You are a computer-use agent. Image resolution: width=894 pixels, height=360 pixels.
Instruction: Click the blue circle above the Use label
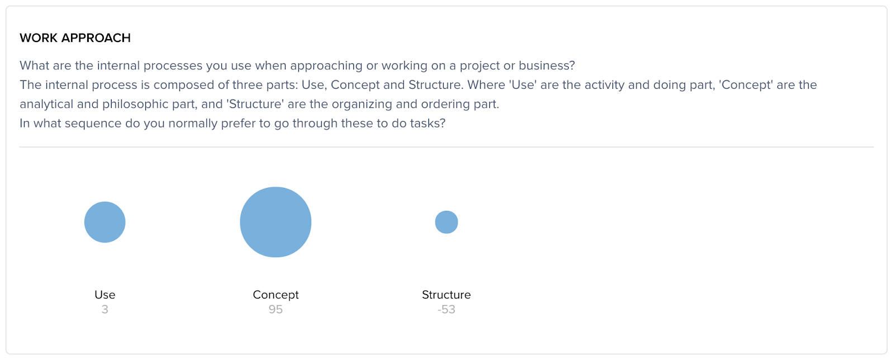(105, 222)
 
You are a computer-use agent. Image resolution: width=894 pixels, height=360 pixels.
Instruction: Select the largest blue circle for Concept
(275, 222)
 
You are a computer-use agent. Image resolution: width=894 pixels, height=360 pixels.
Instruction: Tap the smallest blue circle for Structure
(446, 222)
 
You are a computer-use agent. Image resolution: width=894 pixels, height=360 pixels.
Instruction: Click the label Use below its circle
(105, 295)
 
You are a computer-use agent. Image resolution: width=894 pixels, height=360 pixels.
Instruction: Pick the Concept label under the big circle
(275, 295)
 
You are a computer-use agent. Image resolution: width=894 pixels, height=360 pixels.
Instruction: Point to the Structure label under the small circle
(446, 295)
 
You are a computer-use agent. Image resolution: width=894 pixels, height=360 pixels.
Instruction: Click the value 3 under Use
(104, 309)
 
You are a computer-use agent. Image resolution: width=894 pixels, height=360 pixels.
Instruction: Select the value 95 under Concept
(275, 309)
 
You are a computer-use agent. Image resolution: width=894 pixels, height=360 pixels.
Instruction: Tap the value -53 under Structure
(446, 309)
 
